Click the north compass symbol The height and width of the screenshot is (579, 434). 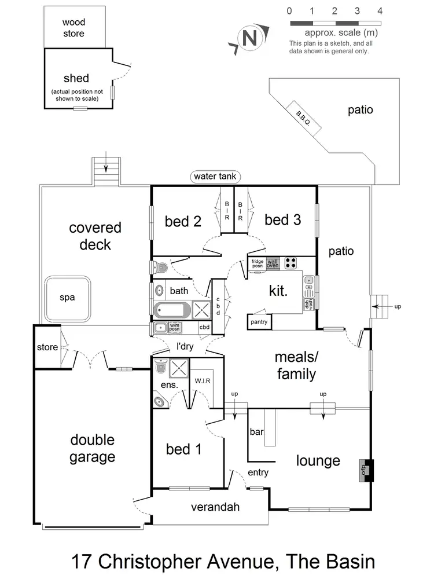pos(249,39)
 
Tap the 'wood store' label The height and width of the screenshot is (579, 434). pos(73,28)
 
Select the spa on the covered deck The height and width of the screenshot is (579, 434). pos(68,298)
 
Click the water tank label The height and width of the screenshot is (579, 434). pos(216,177)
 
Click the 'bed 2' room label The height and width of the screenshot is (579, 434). pos(183,221)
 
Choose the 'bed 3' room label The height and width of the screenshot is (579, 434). pos(282,219)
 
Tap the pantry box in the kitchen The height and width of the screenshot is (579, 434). pos(259,321)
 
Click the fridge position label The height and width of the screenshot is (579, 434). pos(257,263)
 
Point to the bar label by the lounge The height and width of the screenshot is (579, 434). pos(256,432)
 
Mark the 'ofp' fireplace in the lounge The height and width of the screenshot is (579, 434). pos(366,469)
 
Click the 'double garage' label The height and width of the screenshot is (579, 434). pos(93,449)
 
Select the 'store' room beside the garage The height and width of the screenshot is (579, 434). pos(47,347)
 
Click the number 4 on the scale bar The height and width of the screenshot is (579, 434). pos(380,11)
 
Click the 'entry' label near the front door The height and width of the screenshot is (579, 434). pos(258,472)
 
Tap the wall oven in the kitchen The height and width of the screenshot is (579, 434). pos(273,263)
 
